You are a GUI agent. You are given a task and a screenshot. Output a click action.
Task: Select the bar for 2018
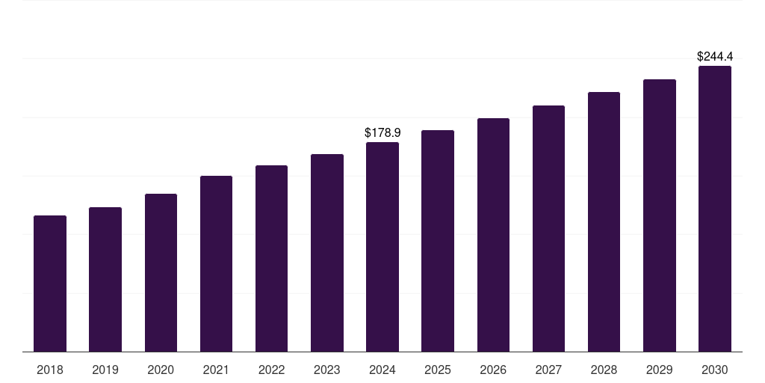coord(50,284)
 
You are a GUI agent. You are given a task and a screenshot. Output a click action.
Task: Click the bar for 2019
coord(105,280)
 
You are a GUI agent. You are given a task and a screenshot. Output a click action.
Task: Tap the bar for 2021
coord(216,264)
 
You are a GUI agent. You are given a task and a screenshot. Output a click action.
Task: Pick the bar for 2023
coord(327,253)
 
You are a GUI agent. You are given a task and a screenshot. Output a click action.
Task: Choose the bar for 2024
coord(382,247)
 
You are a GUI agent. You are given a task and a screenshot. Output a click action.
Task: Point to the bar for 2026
coord(493,235)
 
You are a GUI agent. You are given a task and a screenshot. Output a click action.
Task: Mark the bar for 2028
coord(604,221)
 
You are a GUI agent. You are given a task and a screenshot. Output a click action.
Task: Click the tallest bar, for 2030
coord(715,209)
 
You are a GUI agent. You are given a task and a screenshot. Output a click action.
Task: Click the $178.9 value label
coord(382,133)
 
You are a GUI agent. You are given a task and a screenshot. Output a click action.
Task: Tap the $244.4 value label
coord(715,57)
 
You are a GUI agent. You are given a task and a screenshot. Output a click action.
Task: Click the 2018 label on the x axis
coord(50,370)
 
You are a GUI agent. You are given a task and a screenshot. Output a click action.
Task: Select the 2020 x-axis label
coord(161,370)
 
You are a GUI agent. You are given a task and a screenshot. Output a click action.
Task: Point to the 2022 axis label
coord(271,370)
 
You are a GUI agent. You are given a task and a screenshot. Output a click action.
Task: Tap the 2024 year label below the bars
coord(382,370)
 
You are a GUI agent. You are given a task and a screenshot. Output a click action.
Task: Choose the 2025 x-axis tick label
coord(438,370)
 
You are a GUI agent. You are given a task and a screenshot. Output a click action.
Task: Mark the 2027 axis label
coord(548,370)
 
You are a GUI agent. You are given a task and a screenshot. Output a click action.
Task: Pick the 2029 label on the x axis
coord(660,370)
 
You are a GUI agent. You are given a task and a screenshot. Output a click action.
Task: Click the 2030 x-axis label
coord(715,370)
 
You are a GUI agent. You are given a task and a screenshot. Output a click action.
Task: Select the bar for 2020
coord(161,272)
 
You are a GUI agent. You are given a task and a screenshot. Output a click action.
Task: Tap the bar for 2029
coord(660,215)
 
